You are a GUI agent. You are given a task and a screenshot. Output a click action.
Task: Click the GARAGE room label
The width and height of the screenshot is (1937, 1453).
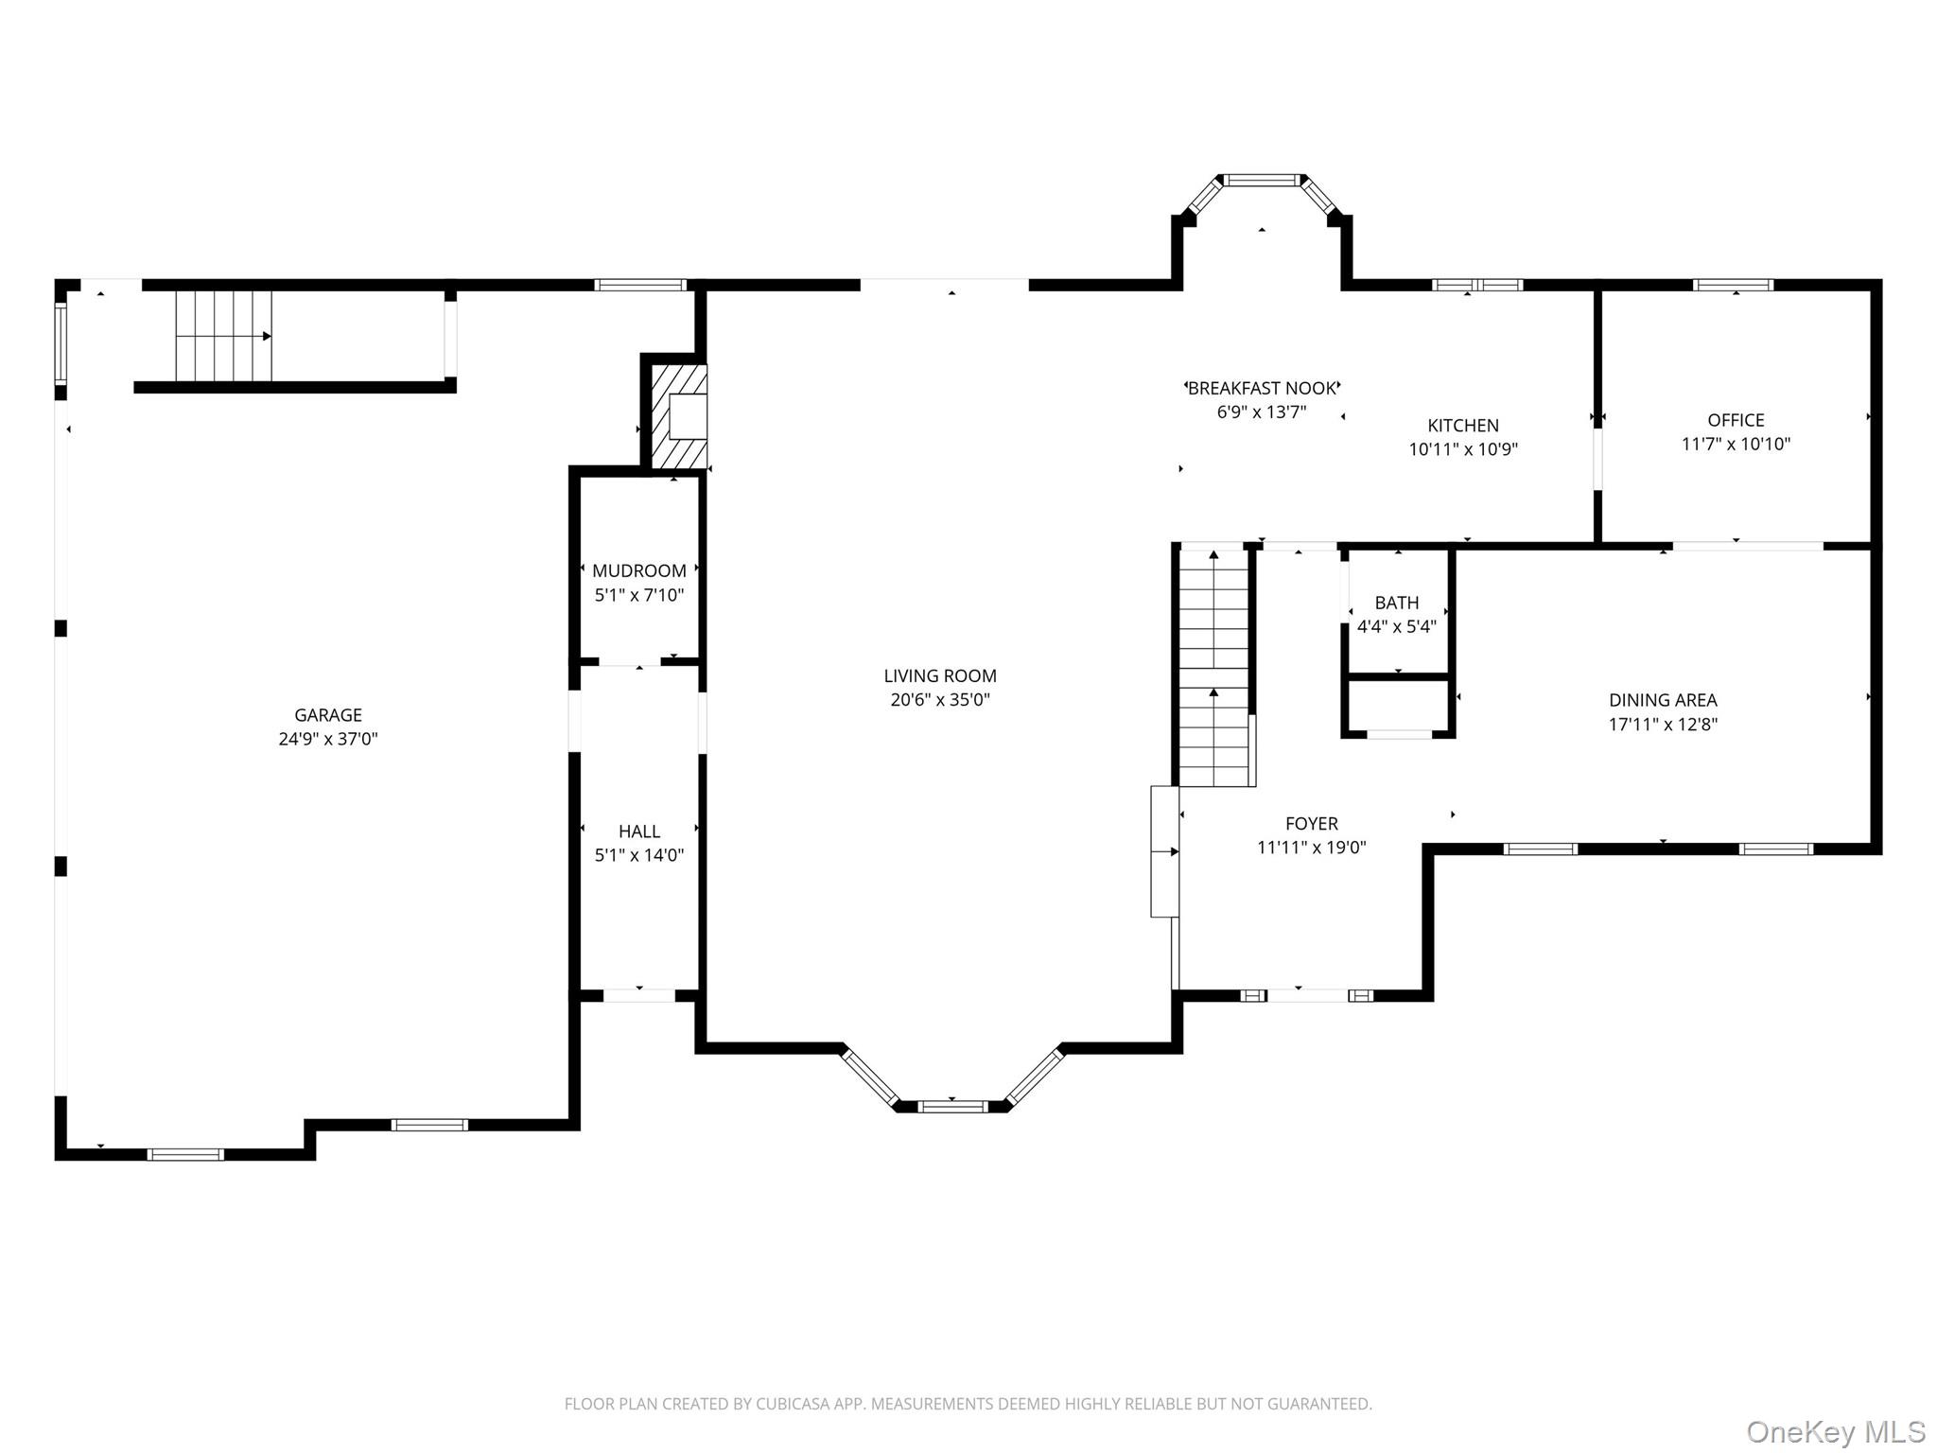pos(327,715)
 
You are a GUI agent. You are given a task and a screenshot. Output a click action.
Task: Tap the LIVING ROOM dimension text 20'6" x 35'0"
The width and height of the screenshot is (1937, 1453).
pos(939,700)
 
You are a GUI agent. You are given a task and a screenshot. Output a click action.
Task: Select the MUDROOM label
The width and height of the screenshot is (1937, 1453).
pos(638,570)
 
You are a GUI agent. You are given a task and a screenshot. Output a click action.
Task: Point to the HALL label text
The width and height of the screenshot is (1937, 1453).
pos(638,831)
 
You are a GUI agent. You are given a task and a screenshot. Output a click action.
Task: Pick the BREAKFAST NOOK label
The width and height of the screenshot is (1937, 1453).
pos(1262,388)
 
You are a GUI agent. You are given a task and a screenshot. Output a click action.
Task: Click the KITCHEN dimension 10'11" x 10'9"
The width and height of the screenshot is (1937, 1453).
pos(1462,449)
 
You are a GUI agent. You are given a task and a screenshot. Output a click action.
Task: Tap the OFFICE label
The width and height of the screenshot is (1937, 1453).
pos(1735,420)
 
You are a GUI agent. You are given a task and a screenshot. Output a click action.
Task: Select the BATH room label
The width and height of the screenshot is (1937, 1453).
pos(1396,603)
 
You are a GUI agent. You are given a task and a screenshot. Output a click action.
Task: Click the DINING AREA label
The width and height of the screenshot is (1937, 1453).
pos(1662,700)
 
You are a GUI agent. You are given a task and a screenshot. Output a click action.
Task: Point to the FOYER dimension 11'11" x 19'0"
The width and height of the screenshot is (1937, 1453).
pos(1311,848)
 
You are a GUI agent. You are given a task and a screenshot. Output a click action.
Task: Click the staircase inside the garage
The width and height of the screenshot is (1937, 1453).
pos(223,336)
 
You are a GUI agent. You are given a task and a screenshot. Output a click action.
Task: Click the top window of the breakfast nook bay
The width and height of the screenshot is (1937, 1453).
pos(1262,179)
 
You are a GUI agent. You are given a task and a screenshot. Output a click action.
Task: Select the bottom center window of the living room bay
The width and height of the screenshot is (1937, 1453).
pos(951,1106)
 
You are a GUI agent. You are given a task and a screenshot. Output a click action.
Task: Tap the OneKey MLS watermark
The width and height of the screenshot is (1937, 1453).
pos(1835,1431)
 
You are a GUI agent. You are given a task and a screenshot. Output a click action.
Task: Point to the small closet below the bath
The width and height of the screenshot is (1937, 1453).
pos(1398,706)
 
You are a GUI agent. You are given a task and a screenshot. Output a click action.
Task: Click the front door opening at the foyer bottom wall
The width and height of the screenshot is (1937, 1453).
pos(1310,995)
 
